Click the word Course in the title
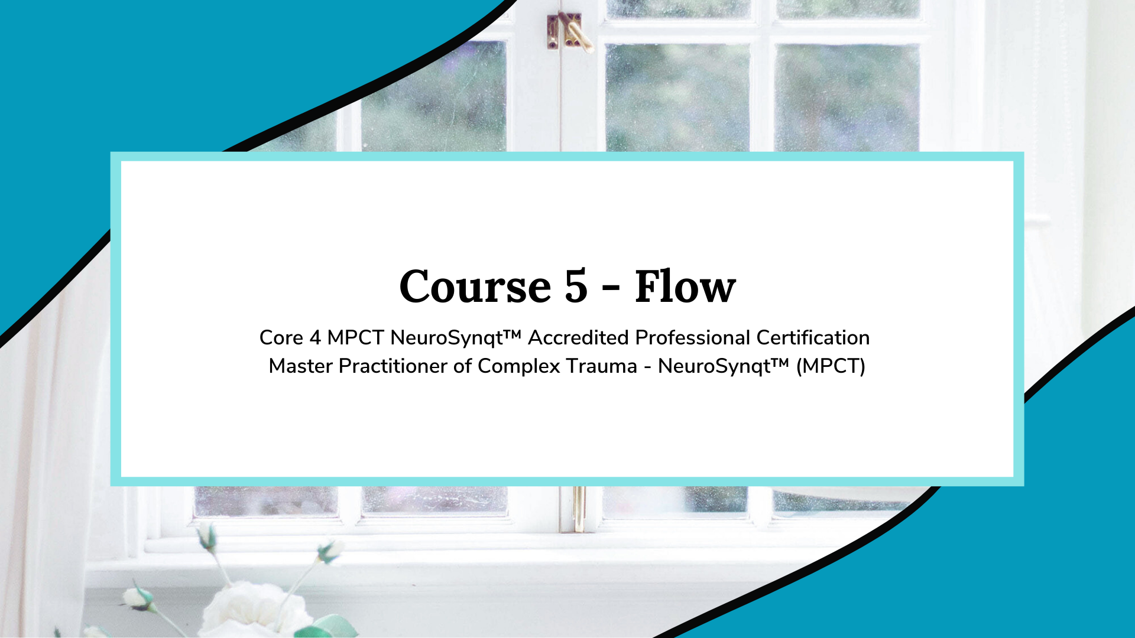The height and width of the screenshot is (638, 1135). (x=475, y=287)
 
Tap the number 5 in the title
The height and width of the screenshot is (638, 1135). (x=576, y=287)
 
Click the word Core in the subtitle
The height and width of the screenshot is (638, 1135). (x=281, y=338)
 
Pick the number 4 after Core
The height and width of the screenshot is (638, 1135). (x=315, y=338)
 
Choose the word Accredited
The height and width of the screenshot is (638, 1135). (x=578, y=338)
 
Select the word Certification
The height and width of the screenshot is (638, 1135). (x=813, y=338)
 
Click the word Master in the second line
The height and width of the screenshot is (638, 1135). (x=300, y=366)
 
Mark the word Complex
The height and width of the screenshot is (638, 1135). (x=518, y=367)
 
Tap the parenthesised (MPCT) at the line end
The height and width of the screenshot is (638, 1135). (x=831, y=367)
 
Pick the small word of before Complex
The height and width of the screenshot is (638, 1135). (x=462, y=366)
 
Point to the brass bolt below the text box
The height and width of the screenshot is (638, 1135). (x=579, y=507)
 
